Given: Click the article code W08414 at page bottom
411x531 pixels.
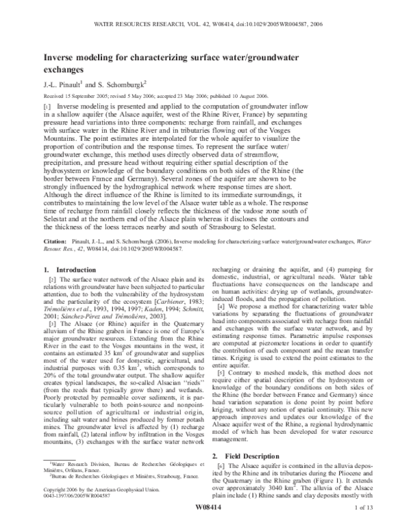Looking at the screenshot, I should (x=206, y=517).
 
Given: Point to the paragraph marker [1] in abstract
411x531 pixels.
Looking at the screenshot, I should (x=48, y=108).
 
